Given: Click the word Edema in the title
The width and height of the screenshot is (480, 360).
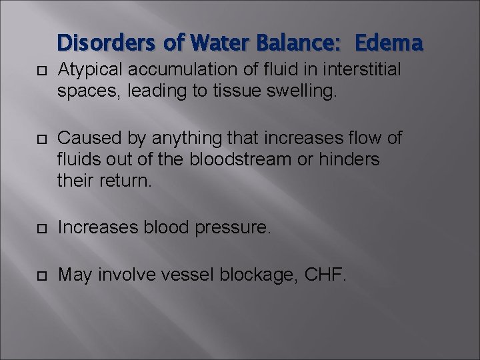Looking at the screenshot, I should (x=389, y=43).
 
